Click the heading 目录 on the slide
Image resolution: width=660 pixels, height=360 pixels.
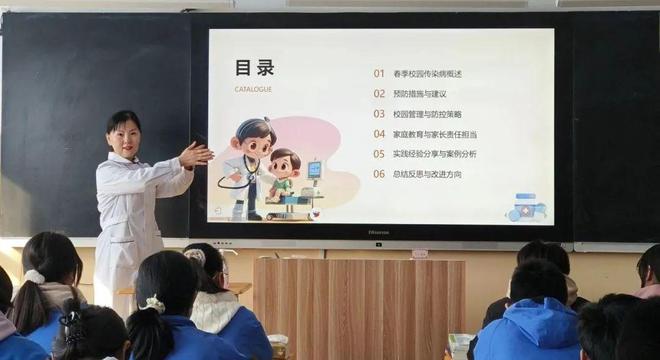point(254,68)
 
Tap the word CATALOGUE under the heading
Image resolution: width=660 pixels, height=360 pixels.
point(252,89)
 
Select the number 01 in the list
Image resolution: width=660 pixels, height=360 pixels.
point(379,73)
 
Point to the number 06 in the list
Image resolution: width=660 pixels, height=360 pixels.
point(379,173)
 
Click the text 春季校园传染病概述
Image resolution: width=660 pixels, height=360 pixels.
point(428,73)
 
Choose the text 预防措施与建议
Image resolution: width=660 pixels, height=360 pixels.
point(421,93)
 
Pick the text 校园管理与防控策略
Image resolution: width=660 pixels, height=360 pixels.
point(428,113)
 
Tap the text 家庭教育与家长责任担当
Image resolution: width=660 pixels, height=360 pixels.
point(435,133)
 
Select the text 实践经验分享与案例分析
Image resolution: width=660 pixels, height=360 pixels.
point(435,153)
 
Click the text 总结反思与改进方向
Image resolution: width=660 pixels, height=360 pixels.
point(428,173)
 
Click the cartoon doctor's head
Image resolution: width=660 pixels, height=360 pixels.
point(255,137)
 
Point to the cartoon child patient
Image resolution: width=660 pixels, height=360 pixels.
point(285,172)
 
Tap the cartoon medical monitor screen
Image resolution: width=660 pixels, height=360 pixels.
point(314,169)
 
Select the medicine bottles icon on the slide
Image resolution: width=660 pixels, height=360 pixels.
point(526,207)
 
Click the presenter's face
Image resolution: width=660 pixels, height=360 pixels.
point(125,135)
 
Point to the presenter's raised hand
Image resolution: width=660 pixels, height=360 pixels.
point(195,154)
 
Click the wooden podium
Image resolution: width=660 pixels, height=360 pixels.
point(358,305)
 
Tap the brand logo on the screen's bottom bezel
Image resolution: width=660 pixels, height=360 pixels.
point(380,232)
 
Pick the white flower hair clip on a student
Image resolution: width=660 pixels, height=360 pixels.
point(154,303)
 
